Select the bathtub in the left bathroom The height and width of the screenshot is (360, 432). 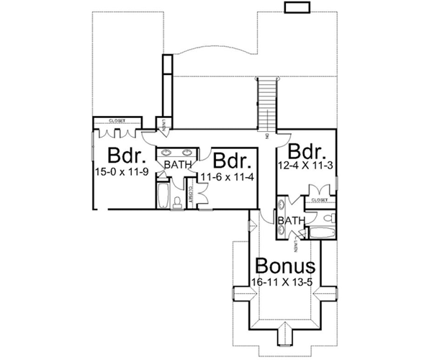click(x=162, y=196)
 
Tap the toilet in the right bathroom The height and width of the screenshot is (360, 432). click(x=328, y=219)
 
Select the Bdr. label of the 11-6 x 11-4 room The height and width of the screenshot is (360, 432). click(x=231, y=160)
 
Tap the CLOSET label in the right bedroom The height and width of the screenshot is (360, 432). click(x=321, y=199)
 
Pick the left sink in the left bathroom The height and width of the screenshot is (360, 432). click(x=166, y=153)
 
